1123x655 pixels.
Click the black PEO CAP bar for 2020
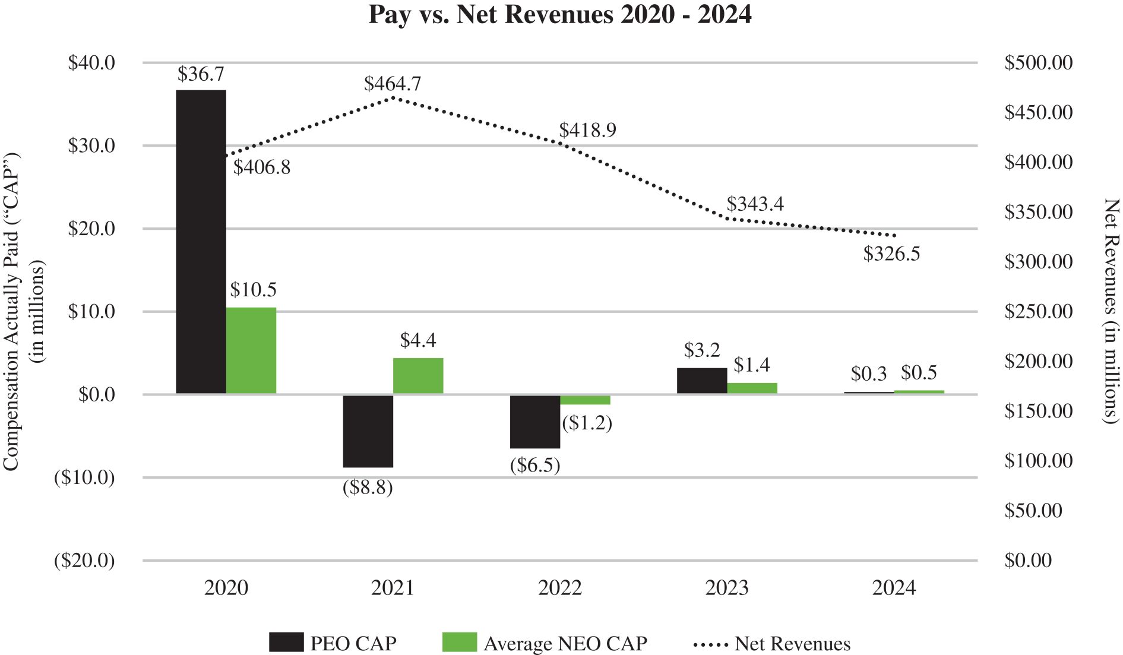(201, 242)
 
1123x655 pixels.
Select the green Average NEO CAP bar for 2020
(251, 350)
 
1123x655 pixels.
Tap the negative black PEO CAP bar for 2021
(368, 431)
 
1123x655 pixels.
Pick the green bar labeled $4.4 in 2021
(418, 375)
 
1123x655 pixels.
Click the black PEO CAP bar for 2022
(535, 421)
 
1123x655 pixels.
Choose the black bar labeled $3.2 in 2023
(702, 381)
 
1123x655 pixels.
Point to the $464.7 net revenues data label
(393, 84)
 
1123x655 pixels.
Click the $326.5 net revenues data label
(891, 254)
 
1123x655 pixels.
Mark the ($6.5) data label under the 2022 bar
(535, 465)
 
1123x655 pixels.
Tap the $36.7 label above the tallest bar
(201, 74)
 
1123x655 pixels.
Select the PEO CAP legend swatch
(286, 643)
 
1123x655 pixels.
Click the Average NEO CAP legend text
(565, 644)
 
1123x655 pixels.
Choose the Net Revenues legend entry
(772, 644)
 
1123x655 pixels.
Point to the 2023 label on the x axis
(727, 588)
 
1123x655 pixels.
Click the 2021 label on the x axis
(393, 588)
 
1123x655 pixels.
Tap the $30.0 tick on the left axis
(91, 145)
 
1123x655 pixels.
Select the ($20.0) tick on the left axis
(84, 561)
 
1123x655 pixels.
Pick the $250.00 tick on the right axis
(1038, 311)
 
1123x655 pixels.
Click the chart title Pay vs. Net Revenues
(560, 14)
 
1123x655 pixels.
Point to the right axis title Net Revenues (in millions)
(1110, 311)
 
